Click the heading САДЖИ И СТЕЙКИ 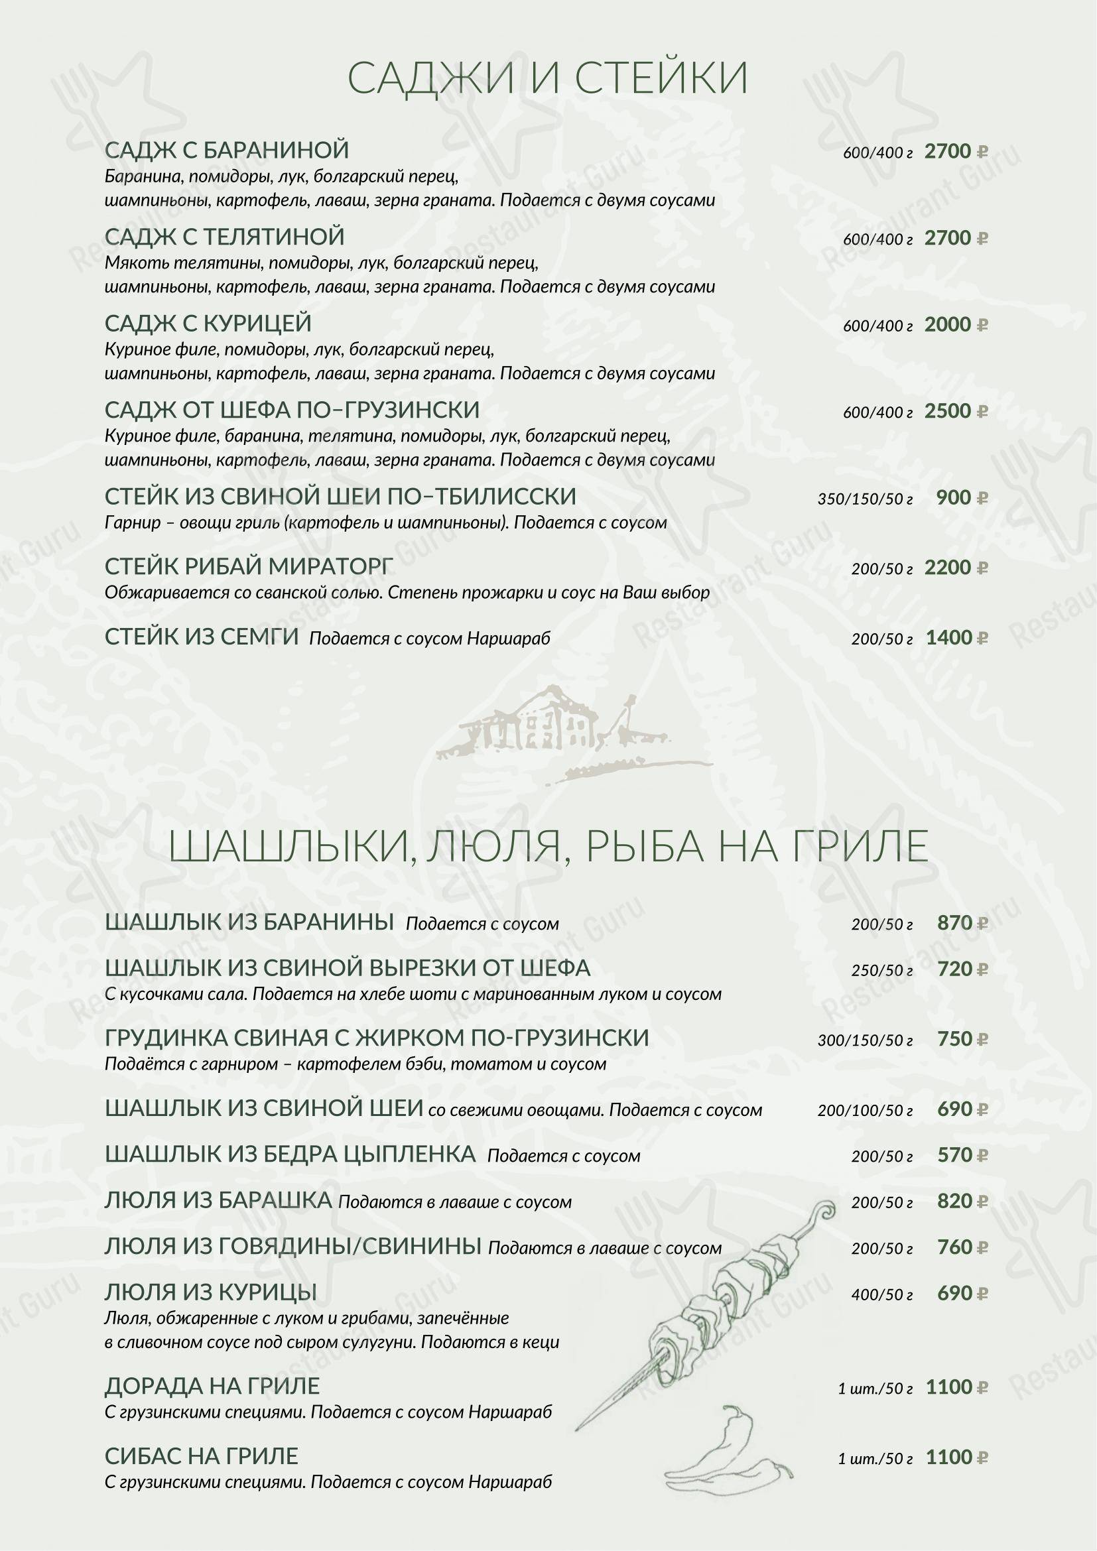coord(548,78)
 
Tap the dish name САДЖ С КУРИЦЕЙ coord(208,324)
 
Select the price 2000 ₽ coord(955,325)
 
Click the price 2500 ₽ coord(955,411)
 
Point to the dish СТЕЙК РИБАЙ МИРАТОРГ coord(249,567)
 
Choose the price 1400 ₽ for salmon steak coord(955,638)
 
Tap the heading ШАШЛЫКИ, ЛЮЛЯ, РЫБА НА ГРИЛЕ coord(548,845)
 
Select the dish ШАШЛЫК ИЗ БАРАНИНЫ coord(249,922)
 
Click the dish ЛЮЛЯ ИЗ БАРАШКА coord(218,1200)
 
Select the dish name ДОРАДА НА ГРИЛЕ coord(212,1386)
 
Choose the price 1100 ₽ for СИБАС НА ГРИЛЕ coord(955,1457)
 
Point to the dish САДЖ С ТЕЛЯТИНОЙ coord(224,237)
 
